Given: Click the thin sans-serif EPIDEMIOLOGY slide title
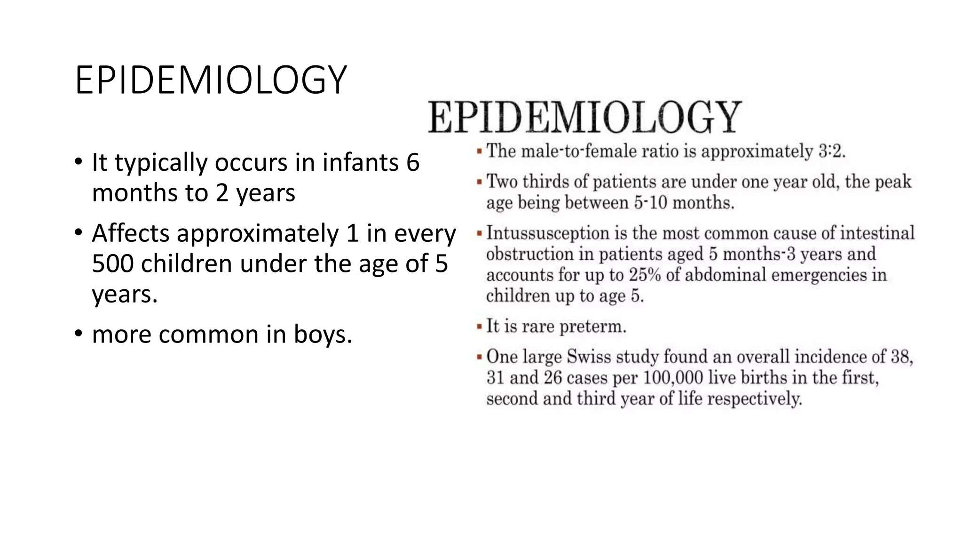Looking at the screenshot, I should (x=211, y=80).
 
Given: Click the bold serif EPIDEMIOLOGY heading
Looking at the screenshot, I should (x=584, y=117).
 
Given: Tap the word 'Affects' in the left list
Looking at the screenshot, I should (x=130, y=233).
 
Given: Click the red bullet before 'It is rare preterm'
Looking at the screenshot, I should (x=479, y=327).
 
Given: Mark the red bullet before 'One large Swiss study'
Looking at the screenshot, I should (x=479, y=357).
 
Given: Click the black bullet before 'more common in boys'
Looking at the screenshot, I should (x=79, y=335).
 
